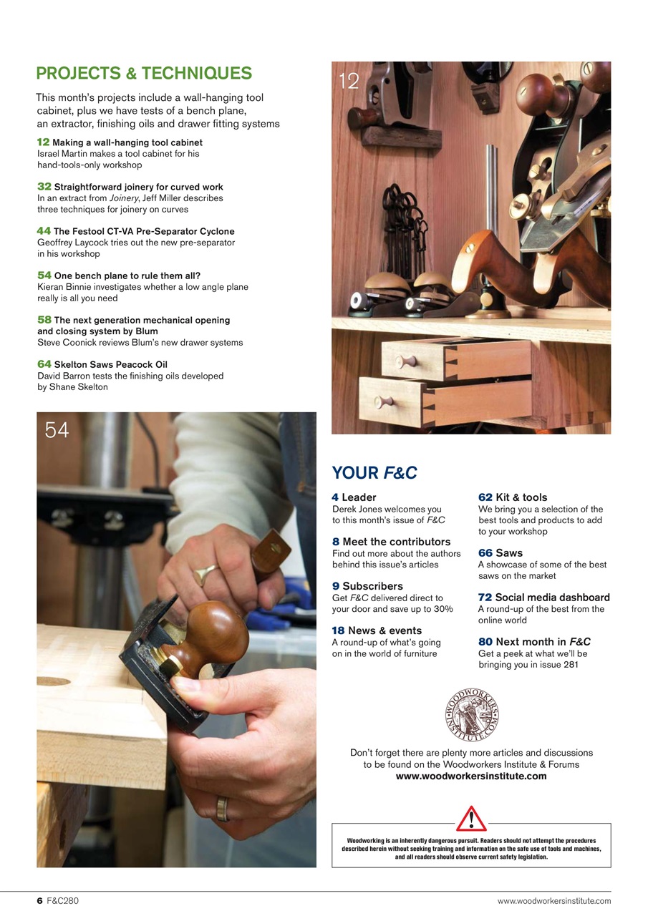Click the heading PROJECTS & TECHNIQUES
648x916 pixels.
144,74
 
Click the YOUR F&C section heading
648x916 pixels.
374,472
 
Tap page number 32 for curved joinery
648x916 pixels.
44,187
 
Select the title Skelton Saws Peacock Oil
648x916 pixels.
110,364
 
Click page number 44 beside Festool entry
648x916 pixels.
44,231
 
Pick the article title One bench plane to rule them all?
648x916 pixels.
127,276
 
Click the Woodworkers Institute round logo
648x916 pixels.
471,715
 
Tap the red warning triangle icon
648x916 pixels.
471,818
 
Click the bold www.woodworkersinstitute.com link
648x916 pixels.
471,776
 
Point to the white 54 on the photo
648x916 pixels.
57,430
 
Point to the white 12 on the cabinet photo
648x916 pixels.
349,81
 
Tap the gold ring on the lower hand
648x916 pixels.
223,809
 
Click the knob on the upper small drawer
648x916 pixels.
407,361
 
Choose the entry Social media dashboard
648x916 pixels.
552,598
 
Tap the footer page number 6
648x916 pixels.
40,901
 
